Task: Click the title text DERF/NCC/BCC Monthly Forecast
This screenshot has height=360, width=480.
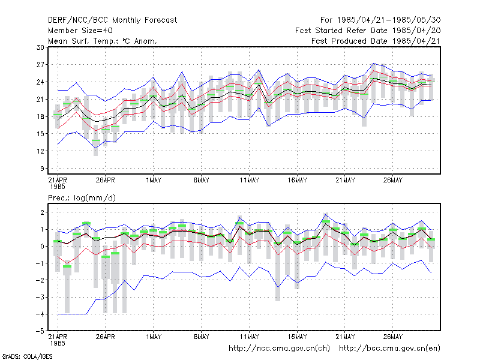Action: coord(112,20)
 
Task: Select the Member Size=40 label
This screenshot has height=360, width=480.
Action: coord(80,31)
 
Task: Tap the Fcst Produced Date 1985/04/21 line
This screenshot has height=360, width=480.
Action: coord(376,41)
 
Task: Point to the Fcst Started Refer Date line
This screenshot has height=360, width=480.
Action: coord(368,31)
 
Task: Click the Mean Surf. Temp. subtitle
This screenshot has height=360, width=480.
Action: coord(102,41)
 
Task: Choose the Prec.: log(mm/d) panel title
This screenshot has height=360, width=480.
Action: coord(82,198)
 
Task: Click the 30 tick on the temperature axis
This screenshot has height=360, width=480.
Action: coord(40,47)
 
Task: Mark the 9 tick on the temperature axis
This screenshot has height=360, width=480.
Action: coord(42,169)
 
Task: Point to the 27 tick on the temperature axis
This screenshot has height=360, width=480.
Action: coord(40,65)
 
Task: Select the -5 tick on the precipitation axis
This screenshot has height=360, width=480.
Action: coord(40,331)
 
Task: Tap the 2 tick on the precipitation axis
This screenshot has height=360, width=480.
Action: coord(42,212)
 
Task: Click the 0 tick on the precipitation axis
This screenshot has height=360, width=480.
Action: coord(42,246)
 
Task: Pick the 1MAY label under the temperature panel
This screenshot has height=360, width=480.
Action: coord(154,181)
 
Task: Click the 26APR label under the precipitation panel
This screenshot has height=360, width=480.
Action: coord(106,337)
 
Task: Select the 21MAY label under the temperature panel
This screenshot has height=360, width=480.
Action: coord(345,181)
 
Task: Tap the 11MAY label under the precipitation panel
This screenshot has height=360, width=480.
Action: coord(249,337)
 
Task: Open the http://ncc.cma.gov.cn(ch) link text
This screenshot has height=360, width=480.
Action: coord(279,349)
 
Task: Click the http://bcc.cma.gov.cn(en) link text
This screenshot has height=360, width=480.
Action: coord(389,349)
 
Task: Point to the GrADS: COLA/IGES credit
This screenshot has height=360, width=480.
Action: coord(27,356)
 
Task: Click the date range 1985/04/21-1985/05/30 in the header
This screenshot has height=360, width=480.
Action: coord(389,20)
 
